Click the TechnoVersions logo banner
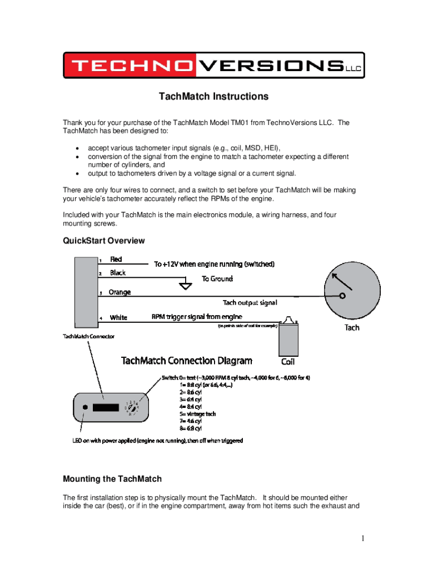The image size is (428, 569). [x=213, y=66]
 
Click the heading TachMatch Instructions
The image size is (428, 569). [x=213, y=97]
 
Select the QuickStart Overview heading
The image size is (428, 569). [x=104, y=241]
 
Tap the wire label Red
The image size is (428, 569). [x=116, y=259]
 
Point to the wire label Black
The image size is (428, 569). [x=118, y=273]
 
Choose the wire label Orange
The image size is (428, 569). [x=120, y=292]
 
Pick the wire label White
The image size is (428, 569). [x=118, y=318]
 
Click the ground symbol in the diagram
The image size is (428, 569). [x=186, y=286]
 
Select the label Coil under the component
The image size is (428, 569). [x=288, y=362]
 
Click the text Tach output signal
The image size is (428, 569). [x=250, y=303]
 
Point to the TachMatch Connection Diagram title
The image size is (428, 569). [x=187, y=361]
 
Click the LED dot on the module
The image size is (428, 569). [x=84, y=407]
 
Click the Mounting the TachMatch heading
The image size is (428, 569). [x=112, y=479]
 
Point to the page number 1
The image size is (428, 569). [x=362, y=538]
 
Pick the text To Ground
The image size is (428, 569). [x=217, y=279]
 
